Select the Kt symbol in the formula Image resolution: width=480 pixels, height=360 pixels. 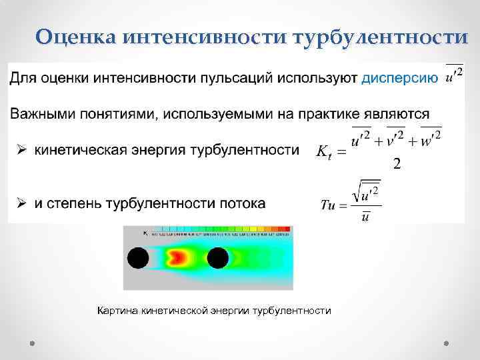tap(323, 152)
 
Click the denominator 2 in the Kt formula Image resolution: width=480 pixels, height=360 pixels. tap(397, 164)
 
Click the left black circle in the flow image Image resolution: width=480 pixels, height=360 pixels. tap(138, 257)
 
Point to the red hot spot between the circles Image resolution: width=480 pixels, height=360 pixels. tap(179, 257)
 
